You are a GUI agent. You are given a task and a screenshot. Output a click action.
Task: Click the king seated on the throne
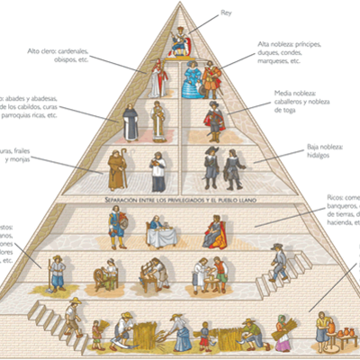point(180,41)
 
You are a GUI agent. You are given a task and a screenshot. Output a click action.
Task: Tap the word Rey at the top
point(226,13)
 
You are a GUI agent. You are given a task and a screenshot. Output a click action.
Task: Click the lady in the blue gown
point(191,81)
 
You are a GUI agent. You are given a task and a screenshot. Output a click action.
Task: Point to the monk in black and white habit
point(131,122)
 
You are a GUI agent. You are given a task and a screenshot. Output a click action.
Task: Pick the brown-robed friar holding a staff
point(116,168)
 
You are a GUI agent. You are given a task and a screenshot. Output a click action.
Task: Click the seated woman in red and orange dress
point(213,231)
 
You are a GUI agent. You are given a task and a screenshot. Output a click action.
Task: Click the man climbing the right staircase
point(280,262)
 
